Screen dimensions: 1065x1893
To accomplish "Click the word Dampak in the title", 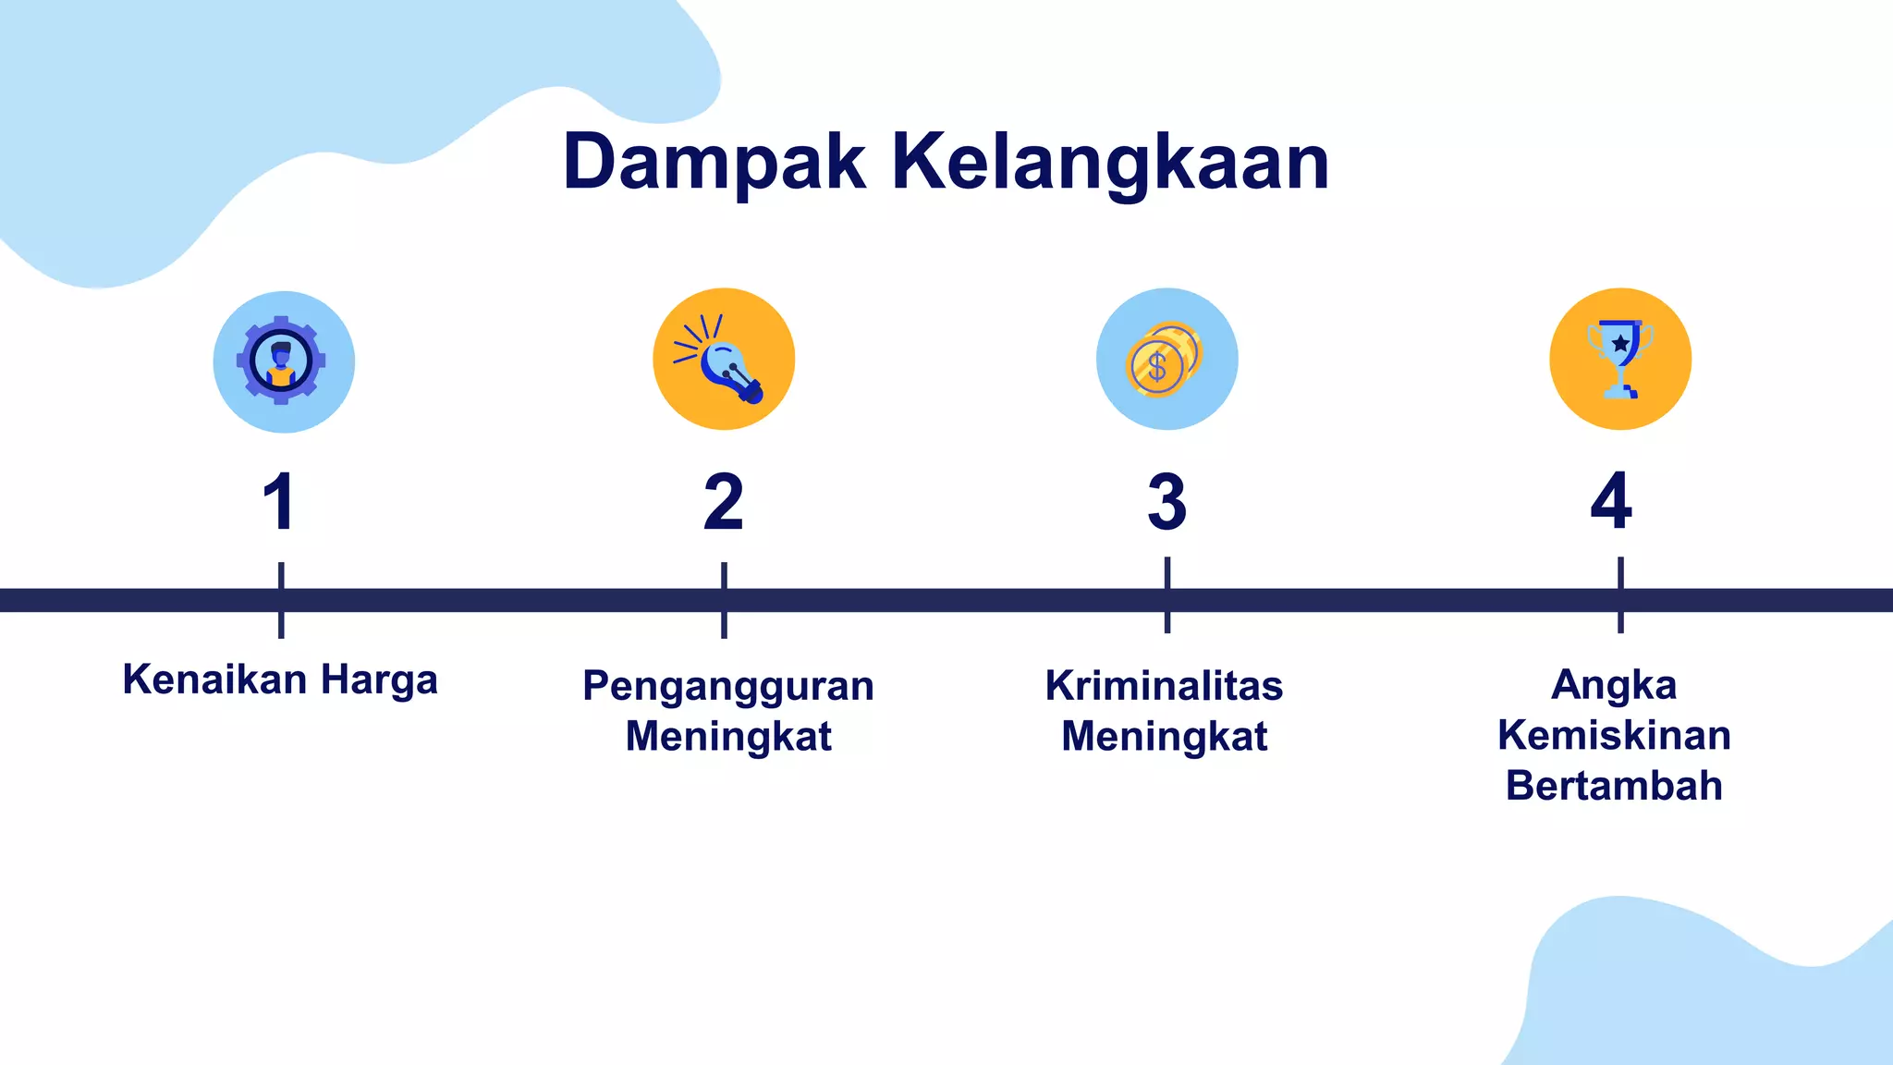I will click(714, 163).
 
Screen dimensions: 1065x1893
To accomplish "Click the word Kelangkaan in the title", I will click(1110, 163).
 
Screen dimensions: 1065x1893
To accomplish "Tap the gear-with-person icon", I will click(283, 361).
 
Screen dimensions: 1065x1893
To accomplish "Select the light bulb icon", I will click(724, 359).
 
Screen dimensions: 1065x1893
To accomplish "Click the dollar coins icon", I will click(1166, 359).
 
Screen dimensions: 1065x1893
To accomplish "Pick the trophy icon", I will click(1620, 359).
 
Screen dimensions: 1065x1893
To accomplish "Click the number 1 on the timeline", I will click(279, 502).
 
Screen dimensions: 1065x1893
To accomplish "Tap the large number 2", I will click(723, 502).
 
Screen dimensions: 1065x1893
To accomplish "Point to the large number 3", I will click(1166, 502).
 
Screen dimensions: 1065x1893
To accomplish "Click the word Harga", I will click(379, 680).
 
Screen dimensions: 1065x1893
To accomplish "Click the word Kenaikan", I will click(214, 679).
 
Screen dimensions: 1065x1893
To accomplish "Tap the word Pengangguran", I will click(728, 686).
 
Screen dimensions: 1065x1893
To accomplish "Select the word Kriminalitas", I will click(1164, 686).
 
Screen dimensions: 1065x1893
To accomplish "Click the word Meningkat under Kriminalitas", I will click(1164, 737).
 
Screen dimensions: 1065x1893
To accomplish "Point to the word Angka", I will click(1614, 685).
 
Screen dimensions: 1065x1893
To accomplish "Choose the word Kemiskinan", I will click(1614, 736).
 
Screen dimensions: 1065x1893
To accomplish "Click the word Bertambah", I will click(1614, 786).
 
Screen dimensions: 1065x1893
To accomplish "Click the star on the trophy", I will click(1620, 343).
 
